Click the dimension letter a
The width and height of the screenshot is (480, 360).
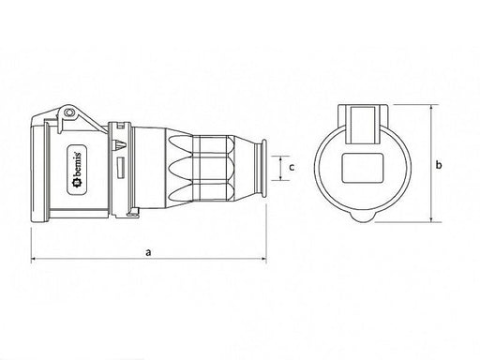[148, 252]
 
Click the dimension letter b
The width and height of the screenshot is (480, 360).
[439, 165]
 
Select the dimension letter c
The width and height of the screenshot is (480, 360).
[292, 168]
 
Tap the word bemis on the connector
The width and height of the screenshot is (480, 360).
[77, 164]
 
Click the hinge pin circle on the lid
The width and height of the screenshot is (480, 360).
[68, 112]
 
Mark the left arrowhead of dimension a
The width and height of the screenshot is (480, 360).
[33, 259]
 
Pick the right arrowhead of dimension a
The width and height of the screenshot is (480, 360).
[263, 259]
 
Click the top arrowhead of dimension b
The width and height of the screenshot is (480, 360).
[431, 107]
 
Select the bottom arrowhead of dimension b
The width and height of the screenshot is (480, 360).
[431, 220]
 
